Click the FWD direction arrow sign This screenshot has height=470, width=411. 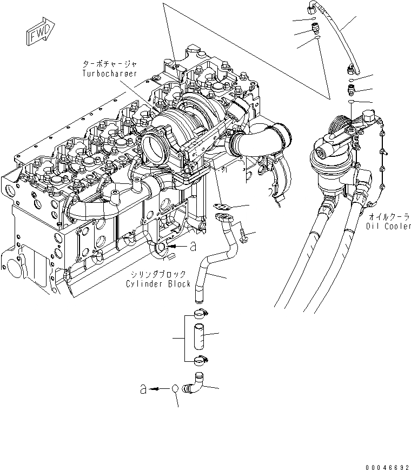point(38,34)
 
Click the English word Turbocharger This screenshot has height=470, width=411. point(109,73)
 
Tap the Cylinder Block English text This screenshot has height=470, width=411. point(158,284)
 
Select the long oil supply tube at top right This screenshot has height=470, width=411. point(337,38)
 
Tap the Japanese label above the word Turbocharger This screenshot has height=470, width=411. point(109,64)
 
